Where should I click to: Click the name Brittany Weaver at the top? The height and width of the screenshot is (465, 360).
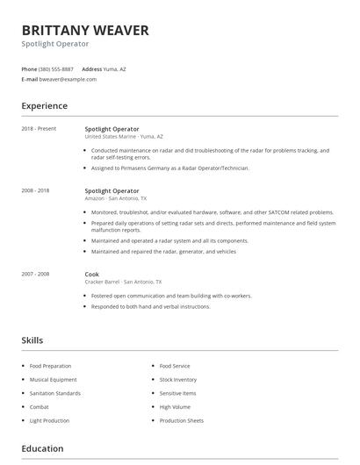pyautogui.click(x=85, y=30)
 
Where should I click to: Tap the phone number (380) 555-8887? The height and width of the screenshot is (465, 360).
pyautogui.click(x=56, y=68)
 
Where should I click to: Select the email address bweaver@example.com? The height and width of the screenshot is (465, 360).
pyautogui.click(x=68, y=79)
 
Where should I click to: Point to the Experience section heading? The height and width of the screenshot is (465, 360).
pyautogui.click(x=45, y=106)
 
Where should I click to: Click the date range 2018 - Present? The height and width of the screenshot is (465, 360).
pyautogui.click(x=39, y=129)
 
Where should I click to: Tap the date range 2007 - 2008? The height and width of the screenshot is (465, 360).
pyautogui.click(x=35, y=274)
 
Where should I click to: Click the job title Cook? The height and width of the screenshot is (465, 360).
pyautogui.click(x=92, y=274)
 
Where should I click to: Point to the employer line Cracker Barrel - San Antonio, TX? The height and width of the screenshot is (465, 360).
pyautogui.click(x=123, y=282)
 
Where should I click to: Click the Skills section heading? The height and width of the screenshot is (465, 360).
pyautogui.click(x=32, y=340)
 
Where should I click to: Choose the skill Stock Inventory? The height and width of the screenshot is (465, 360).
pyautogui.click(x=178, y=380)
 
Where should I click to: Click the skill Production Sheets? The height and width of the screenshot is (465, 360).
pyautogui.click(x=182, y=420)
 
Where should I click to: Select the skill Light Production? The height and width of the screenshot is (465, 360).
pyautogui.click(x=50, y=420)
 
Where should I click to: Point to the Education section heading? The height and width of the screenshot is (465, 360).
pyautogui.click(x=43, y=448)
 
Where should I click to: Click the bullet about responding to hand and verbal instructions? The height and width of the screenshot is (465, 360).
pyautogui.click(x=150, y=306)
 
